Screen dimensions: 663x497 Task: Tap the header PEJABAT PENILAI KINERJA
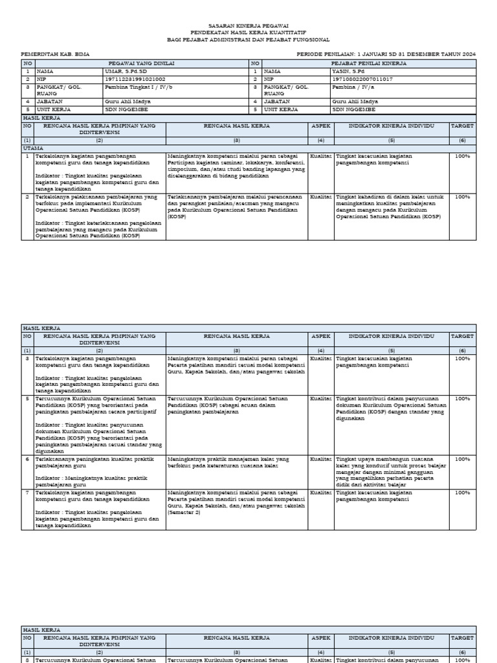tap(368, 63)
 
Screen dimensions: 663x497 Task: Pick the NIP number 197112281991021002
tap(135, 78)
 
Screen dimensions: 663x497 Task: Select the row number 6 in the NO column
tap(27, 458)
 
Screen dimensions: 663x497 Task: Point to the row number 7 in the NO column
tap(27, 493)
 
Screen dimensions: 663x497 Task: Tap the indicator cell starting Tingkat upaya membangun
tap(390, 471)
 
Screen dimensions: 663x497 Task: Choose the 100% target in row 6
tap(462, 458)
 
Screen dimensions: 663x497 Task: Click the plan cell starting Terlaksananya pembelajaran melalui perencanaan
tap(236, 207)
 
